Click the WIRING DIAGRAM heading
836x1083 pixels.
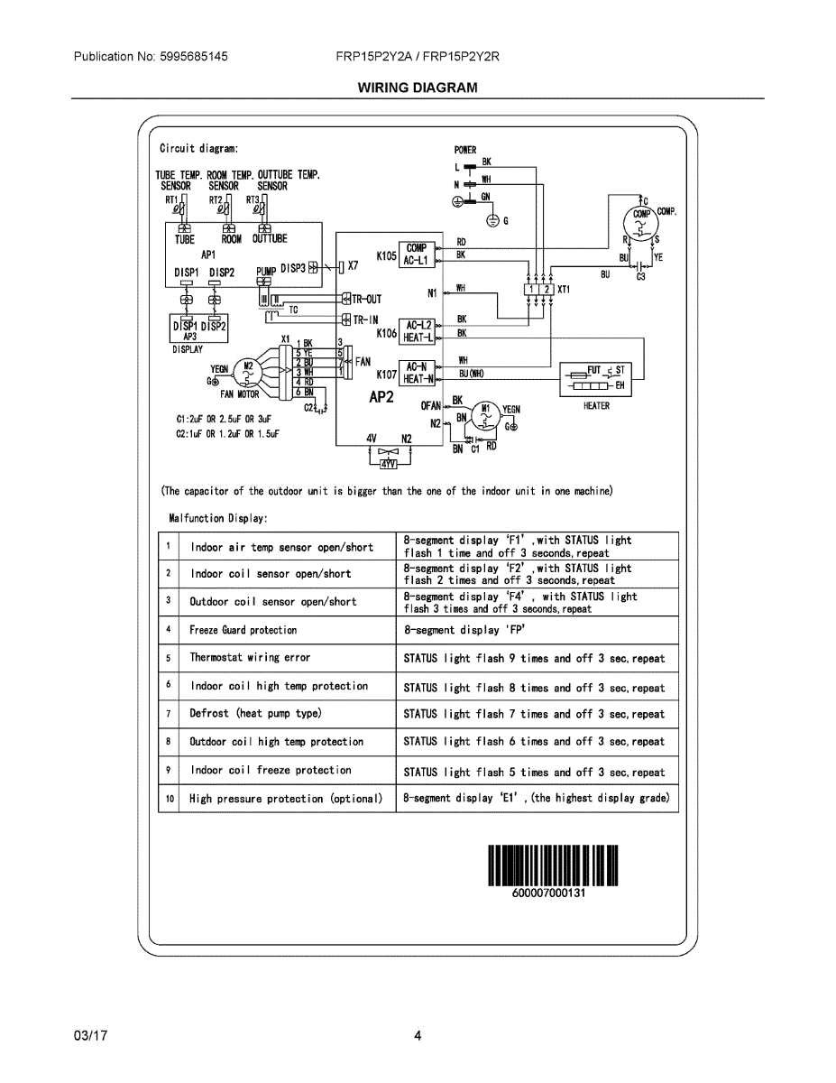[418, 88]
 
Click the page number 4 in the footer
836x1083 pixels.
[418, 1036]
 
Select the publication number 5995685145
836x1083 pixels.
[193, 56]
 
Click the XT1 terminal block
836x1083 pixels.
[540, 290]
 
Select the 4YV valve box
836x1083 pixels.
[389, 463]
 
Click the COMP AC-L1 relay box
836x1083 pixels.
[417, 254]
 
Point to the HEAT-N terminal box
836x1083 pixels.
[418, 379]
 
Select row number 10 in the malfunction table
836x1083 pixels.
[169, 799]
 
